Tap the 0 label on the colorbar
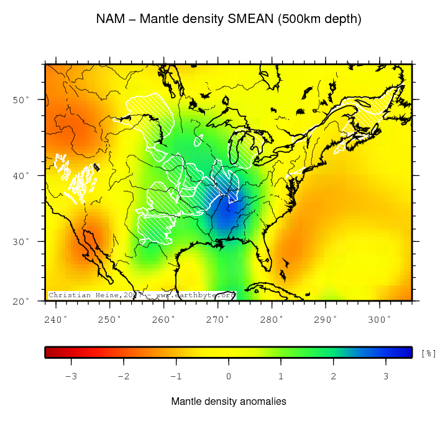click(229, 376)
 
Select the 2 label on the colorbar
click(334, 376)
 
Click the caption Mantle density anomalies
click(229, 402)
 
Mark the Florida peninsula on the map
click(263, 255)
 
